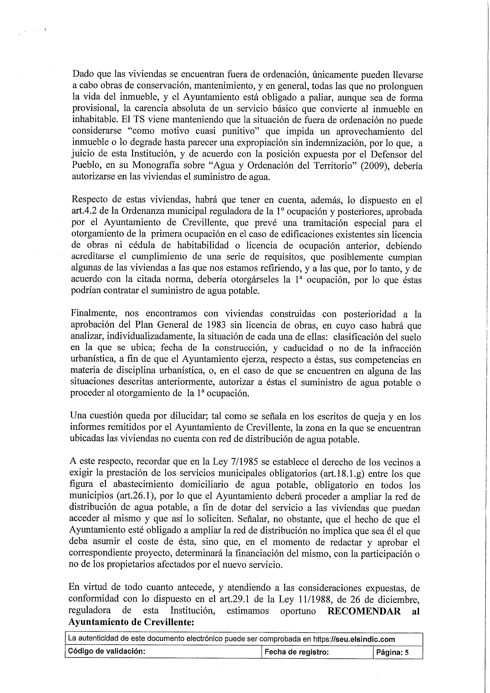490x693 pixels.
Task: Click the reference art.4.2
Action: pos(83,212)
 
